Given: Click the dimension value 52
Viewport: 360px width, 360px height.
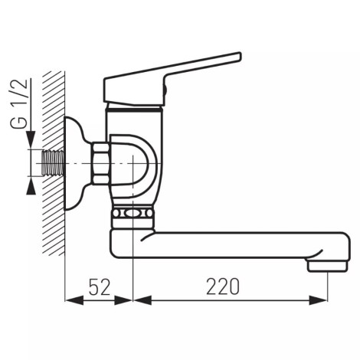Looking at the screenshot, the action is point(100,286).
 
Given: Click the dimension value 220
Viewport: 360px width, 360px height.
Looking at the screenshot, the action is point(223,286).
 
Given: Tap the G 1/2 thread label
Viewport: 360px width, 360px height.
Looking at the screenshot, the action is point(18,103).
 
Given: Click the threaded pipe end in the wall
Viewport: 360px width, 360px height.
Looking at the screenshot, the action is point(52,163).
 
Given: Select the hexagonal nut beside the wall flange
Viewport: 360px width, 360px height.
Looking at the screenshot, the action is point(101,163).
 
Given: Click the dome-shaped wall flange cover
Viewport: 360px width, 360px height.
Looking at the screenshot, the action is point(77,163).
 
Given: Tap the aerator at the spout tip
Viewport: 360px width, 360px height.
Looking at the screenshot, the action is point(327,267).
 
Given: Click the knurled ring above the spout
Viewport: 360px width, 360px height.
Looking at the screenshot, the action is point(133,213).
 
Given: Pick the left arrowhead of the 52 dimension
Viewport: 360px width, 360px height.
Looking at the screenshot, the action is point(74,300).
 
